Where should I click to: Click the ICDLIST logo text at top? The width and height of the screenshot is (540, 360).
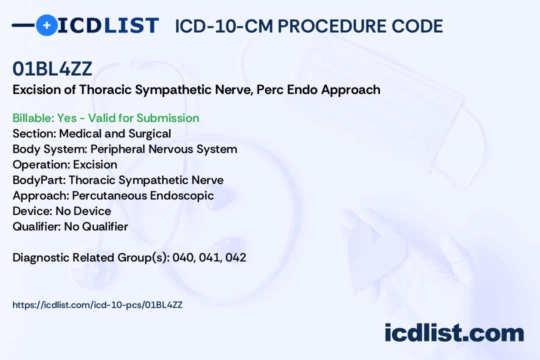(x=108, y=25)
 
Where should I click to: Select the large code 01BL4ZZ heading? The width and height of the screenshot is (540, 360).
(x=52, y=69)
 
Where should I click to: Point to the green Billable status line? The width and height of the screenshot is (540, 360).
(x=106, y=118)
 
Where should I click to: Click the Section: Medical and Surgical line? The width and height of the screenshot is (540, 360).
(x=92, y=133)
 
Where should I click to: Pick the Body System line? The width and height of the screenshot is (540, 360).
(x=125, y=149)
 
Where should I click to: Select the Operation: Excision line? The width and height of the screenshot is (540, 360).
(x=65, y=164)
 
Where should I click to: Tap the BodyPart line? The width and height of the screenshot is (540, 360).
(x=118, y=180)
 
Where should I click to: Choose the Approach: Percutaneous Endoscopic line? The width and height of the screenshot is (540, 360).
(x=113, y=195)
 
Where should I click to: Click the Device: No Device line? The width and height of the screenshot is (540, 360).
(x=62, y=211)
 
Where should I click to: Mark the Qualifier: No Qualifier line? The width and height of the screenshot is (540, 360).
(x=70, y=226)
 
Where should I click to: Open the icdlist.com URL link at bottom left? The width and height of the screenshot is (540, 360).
(x=97, y=305)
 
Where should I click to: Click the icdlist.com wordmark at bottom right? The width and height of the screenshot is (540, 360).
(x=454, y=333)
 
